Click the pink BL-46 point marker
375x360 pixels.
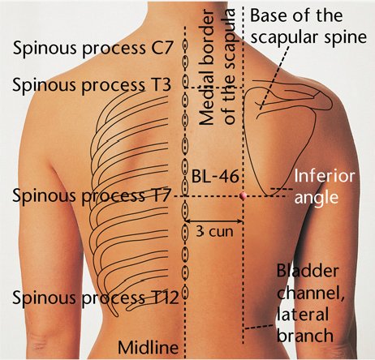coord(243,195)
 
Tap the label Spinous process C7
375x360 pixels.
coord(93,48)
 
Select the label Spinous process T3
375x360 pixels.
coord(92,84)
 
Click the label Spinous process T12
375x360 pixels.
coord(96,298)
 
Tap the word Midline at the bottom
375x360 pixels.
coord(148,347)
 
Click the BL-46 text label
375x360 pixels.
coord(215,177)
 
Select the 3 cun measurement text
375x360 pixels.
coord(214,231)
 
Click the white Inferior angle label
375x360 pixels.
coord(324,186)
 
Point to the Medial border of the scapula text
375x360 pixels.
coord(217,67)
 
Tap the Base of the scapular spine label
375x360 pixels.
coord(308,26)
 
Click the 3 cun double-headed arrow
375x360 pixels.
coord(214,221)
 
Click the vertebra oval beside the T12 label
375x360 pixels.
coord(185,292)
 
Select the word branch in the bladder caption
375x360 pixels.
coord(305,335)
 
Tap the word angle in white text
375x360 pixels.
coord(317,198)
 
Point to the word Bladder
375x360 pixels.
coord(308,271)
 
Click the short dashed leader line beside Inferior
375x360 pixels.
coord(282,189)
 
